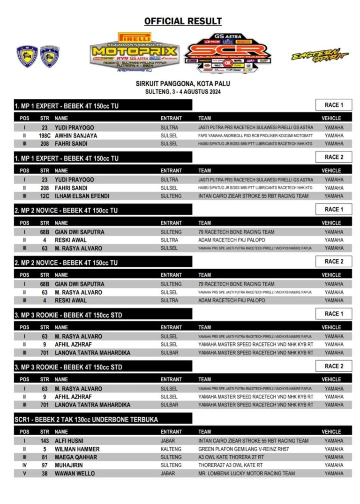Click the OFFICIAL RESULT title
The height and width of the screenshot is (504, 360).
click(x=183, y=21)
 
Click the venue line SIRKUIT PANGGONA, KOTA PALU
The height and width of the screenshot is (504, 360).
click(x=183, y=84)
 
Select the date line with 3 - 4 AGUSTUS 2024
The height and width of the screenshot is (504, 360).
click(x=183, y=92)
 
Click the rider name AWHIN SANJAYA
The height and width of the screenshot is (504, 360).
click(x=76, y=135)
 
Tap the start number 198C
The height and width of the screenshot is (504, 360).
click(x=45, y=135)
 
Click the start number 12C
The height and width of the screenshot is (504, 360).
click(x=45, y=196)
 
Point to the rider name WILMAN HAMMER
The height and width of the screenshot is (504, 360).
click(x=77, y=449)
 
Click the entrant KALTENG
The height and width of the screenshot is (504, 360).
click(x=171, y=449)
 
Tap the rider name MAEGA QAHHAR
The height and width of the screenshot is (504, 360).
click(x=76, y=457)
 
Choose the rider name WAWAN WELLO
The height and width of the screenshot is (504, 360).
click(x=75, y=474)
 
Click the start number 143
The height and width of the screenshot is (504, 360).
click(x=45, y=441)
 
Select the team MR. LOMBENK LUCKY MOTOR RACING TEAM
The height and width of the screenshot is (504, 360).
click(x=247, y=474)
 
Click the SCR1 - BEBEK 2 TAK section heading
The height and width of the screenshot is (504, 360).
click(x=86, y=419)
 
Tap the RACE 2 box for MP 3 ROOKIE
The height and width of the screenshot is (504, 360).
click(x=334, y=366)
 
